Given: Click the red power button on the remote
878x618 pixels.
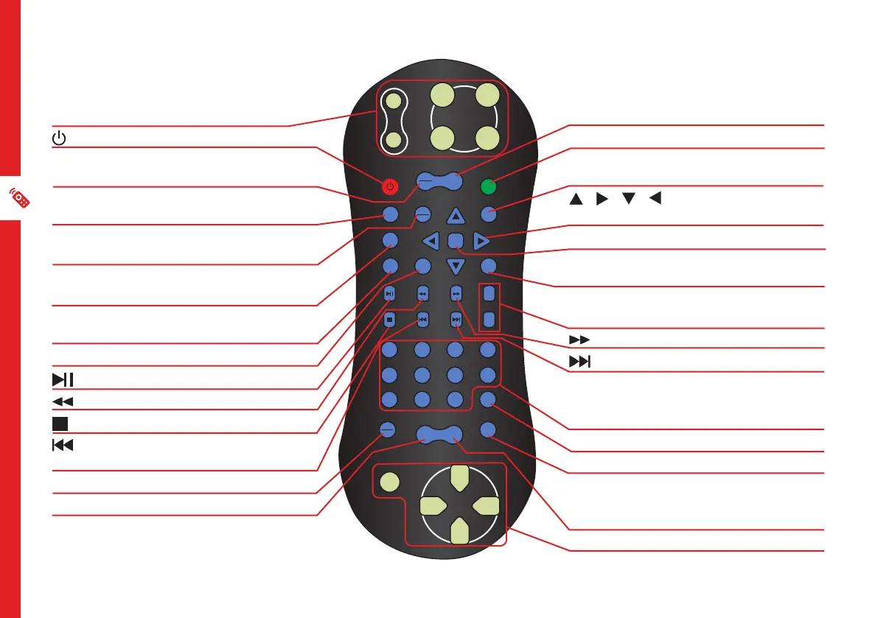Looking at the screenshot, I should coord(390,186).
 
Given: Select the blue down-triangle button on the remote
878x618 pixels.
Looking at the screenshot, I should coord(456,266).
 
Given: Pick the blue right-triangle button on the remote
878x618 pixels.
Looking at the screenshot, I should coord(481,240).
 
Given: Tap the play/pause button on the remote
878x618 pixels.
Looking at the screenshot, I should coord(390,293).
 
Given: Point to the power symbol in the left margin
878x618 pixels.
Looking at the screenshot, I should coord(60,138).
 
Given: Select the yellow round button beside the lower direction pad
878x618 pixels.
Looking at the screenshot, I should coord(389,484).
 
